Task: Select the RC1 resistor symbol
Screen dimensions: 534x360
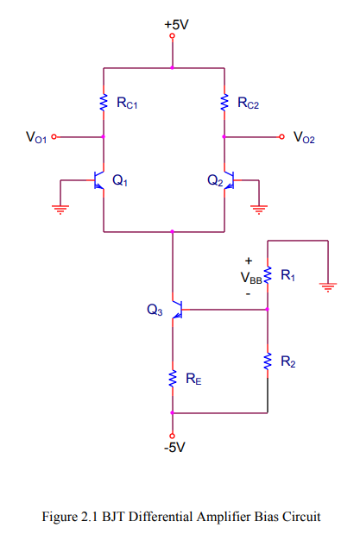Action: point(104,103)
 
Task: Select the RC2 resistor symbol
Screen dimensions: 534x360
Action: point(224,103)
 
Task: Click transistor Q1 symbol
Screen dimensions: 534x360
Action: point(98,181)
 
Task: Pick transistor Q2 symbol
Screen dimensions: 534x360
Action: point(229,181)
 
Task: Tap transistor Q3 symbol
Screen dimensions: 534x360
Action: point(176,309)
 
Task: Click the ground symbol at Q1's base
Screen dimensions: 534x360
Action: point(60,208)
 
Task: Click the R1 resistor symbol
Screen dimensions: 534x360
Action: point(268,275)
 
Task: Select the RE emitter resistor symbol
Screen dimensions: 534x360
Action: point(173,376)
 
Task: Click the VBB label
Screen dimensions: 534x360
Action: point(250,278)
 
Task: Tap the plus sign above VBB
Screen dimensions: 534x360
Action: point(249,260)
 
